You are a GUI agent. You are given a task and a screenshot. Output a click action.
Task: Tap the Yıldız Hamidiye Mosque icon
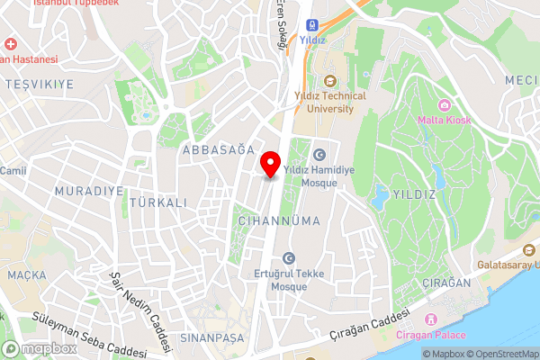coord(319,156)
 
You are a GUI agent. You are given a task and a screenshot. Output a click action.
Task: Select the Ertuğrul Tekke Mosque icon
coord(289,258)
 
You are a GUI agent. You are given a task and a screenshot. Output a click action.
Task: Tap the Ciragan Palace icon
coord(431,319)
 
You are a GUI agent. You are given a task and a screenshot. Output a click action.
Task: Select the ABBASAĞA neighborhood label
coord(217,151)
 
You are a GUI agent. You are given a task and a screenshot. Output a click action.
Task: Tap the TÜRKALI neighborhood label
coord(158,202)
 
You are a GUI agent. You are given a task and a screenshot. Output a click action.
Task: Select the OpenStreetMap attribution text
coord(502,354)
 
